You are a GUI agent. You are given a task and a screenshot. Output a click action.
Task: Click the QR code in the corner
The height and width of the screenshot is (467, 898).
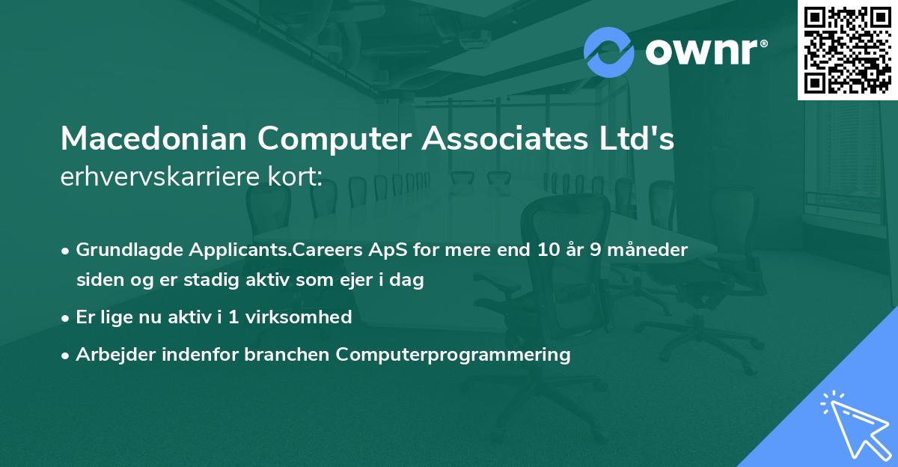pyautogui.click(x=847, y=50)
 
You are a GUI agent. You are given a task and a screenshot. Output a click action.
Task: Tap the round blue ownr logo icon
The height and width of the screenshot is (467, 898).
pyautogui.click(x=609, y=52)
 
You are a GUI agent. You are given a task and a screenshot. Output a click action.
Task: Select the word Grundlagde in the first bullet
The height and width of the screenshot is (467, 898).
pyautogui.click(x=125, y=249)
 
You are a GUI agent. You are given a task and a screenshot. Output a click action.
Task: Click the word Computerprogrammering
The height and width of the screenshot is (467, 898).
pyautogui.click(x=453, y=354)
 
